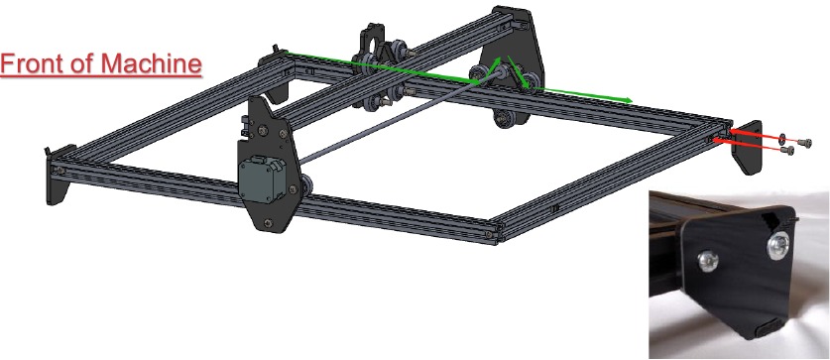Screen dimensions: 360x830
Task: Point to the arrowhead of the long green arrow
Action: point(627,99)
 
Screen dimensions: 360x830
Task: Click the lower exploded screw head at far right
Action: point(789,152)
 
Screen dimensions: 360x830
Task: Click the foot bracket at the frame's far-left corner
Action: point(56,170)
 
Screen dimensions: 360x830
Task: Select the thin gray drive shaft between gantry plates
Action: point(397,119)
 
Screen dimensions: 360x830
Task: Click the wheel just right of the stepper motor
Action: point(310,187)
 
